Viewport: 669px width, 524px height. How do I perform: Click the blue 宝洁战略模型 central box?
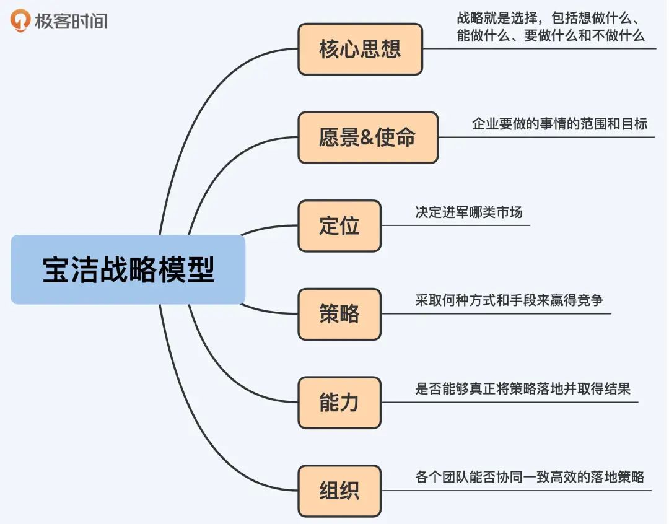pyautogui.click(x=128, y=269)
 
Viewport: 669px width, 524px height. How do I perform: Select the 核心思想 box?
pyautogui.click(x=360, y=50)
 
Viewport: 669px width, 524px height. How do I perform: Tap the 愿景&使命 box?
pyautogui.click(x=367, y=138)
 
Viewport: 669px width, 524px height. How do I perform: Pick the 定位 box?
pyautogui.click(x=339, y=226)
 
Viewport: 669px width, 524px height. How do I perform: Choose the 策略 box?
pyautogui.click(x=339, y=314)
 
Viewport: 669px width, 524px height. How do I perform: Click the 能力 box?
pyautogui.click(x=339, y=403)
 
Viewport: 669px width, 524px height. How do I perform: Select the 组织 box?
pyautogui.click(x=339, y=491)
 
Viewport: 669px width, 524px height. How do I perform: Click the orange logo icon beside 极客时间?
pyautogui.click(x=21, y=21)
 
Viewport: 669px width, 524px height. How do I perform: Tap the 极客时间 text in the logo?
pyautogui.click(x=71, y=21)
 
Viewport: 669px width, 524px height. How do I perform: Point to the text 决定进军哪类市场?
pyautogui.click(x=469, y=212)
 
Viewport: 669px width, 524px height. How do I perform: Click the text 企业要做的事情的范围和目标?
pyautogui.click(x=559, y=124)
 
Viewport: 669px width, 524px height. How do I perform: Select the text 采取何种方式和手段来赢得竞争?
pyautogui.click(x=509, y=300)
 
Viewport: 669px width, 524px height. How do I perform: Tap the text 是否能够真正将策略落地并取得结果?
pyautogui.click(x=523, y=389)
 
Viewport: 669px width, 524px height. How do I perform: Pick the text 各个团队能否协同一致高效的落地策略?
pyautogui.click(x=530, y=477)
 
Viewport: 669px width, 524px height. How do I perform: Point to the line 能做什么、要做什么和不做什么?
pyautogui.click(x=551, y=35)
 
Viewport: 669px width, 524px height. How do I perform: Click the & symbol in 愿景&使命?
pyautogui.click(x=367, y=138)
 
